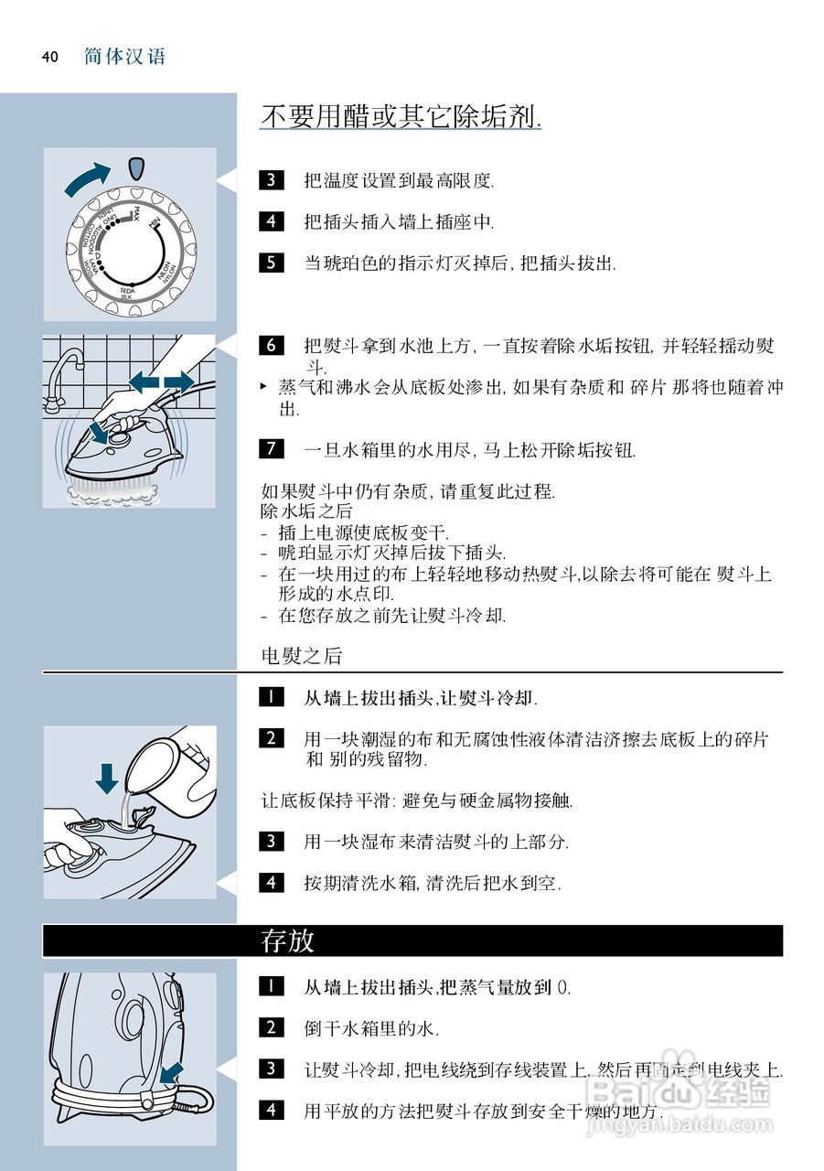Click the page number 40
point(49,57)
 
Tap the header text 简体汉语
point(124,57)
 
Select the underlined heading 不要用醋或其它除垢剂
point(401,117)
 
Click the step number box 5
point(272,263)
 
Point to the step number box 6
point(272,345)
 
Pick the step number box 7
point(272,449)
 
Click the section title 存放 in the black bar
point(288,941)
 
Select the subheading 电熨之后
point(301,656)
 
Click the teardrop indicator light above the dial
point(136,168)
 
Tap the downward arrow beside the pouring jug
point(107,777)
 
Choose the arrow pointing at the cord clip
point(171,1072)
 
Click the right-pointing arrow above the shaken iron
point(179,379)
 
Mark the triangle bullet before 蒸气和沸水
point(265,387)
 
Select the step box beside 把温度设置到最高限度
point(272,179)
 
